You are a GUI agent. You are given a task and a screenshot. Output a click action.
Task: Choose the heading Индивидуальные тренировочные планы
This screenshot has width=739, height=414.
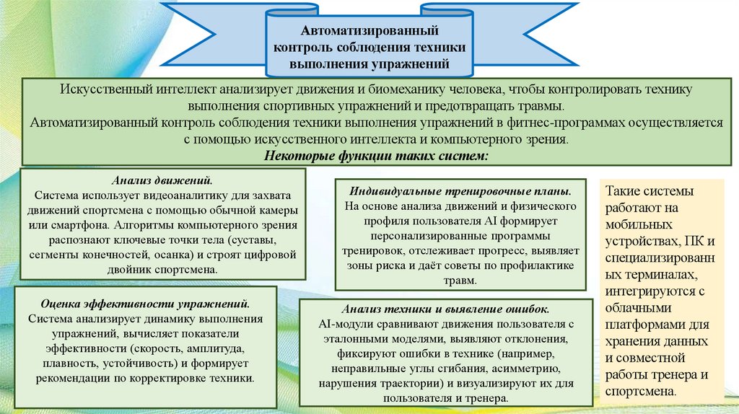460,191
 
